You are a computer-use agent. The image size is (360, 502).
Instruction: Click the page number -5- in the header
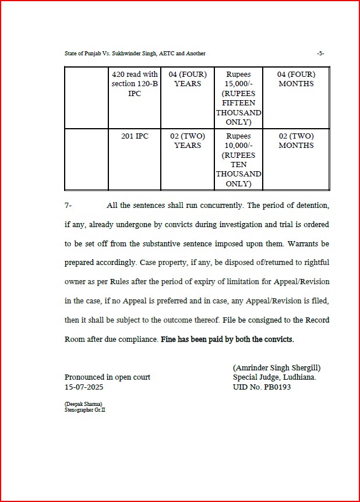[x=320, y=54]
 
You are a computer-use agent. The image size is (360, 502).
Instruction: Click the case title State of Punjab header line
[x=135, y=54]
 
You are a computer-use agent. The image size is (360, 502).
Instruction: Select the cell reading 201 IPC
[x=135, y=136]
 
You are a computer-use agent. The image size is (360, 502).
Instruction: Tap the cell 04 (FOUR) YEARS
[x=188, y=79]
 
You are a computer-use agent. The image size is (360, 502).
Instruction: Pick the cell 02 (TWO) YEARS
[x=188, y=141]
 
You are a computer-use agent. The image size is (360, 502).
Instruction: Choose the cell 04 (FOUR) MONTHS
[x=296, y=79]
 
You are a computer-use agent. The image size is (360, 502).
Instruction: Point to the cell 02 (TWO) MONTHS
[x=296, y=141]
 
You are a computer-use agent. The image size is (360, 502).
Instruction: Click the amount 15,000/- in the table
[x=239, y=84]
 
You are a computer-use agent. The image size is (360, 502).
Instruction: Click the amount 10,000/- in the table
[x=239, y=146]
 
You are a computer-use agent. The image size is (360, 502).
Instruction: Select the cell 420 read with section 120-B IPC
[x=135, y=84]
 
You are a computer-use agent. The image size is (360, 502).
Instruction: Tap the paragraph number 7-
[x=68, y=206]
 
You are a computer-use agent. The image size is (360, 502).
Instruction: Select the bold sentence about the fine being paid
[x=227, y=339]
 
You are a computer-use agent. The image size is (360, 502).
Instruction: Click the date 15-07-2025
[x=84, y=387]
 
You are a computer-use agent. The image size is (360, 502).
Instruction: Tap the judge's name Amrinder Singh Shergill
[x=277, y=368]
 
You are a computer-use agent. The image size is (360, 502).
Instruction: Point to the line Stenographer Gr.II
[x=84, y=410]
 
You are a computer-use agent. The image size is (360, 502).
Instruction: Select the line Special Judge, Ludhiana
[x=274, y=377]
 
